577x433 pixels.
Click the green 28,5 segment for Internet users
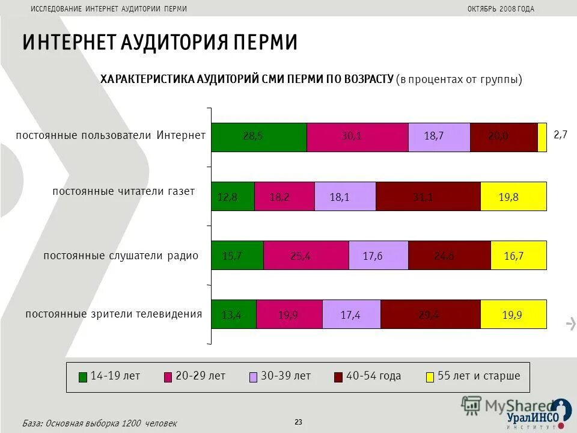point(258,137)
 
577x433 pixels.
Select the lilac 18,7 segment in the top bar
point(439,137)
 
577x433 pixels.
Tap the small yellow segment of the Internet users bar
point(542,137)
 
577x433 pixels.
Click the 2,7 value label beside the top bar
point(560,135)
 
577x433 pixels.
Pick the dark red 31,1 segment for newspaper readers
point(428,196)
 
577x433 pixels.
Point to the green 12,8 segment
point(233,196)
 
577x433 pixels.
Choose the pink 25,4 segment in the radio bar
point(306,255)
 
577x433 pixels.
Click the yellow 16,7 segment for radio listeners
point(519,255)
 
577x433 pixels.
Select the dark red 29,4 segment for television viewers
point(430,314)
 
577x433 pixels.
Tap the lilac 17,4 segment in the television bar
point(351,314)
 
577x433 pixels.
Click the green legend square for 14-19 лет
point(83,377)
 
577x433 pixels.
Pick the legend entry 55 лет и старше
point(478,376)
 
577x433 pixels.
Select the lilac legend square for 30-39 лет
point(253,377)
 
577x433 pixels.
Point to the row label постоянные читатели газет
point(124,191)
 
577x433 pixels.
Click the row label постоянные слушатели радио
point(121,256)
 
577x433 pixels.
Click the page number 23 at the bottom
point(299,422)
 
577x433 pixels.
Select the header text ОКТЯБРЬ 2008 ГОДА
point(500,8)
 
